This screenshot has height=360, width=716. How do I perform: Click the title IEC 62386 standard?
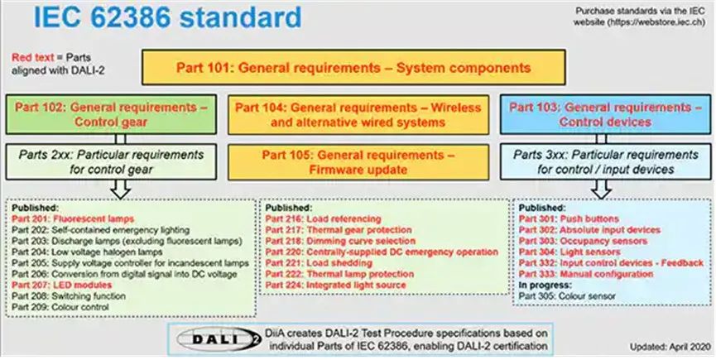click(x=167, y=17)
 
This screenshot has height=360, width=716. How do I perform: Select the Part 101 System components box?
click(x=354, y=68)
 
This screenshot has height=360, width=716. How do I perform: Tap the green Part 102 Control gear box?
click(x=111, y=114)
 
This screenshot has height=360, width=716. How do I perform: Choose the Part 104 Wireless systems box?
click(x=358, y=114)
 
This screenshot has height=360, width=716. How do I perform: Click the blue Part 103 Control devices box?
click(x=605, y=114)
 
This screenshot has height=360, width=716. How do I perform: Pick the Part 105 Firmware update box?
click(x=358, y=162)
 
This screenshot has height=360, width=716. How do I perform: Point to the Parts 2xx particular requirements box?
click(x=111, y=162)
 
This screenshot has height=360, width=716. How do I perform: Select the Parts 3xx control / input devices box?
click(x=605, y=162)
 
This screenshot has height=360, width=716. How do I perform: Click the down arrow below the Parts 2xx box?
click(x=121, y=189)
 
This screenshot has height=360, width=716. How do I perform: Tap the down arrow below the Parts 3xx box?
click(x=602, y=189)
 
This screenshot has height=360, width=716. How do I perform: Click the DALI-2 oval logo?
click(x=219, y=339)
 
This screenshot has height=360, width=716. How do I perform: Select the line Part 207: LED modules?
click(x=61, y=286)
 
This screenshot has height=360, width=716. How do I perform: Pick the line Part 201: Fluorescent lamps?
click(x=73, y=219)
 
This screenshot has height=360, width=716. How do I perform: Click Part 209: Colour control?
click(x=60, y=307)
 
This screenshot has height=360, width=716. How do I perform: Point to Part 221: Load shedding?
click(x=319, y=263)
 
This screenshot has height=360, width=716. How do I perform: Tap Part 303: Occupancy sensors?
click(x=583, y=241)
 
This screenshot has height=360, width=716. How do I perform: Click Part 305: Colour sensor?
click(x=567, y=296)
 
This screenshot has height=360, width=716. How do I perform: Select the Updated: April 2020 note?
click(x=670, y=347)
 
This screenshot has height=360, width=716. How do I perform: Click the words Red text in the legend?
click(x=33, y=57)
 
